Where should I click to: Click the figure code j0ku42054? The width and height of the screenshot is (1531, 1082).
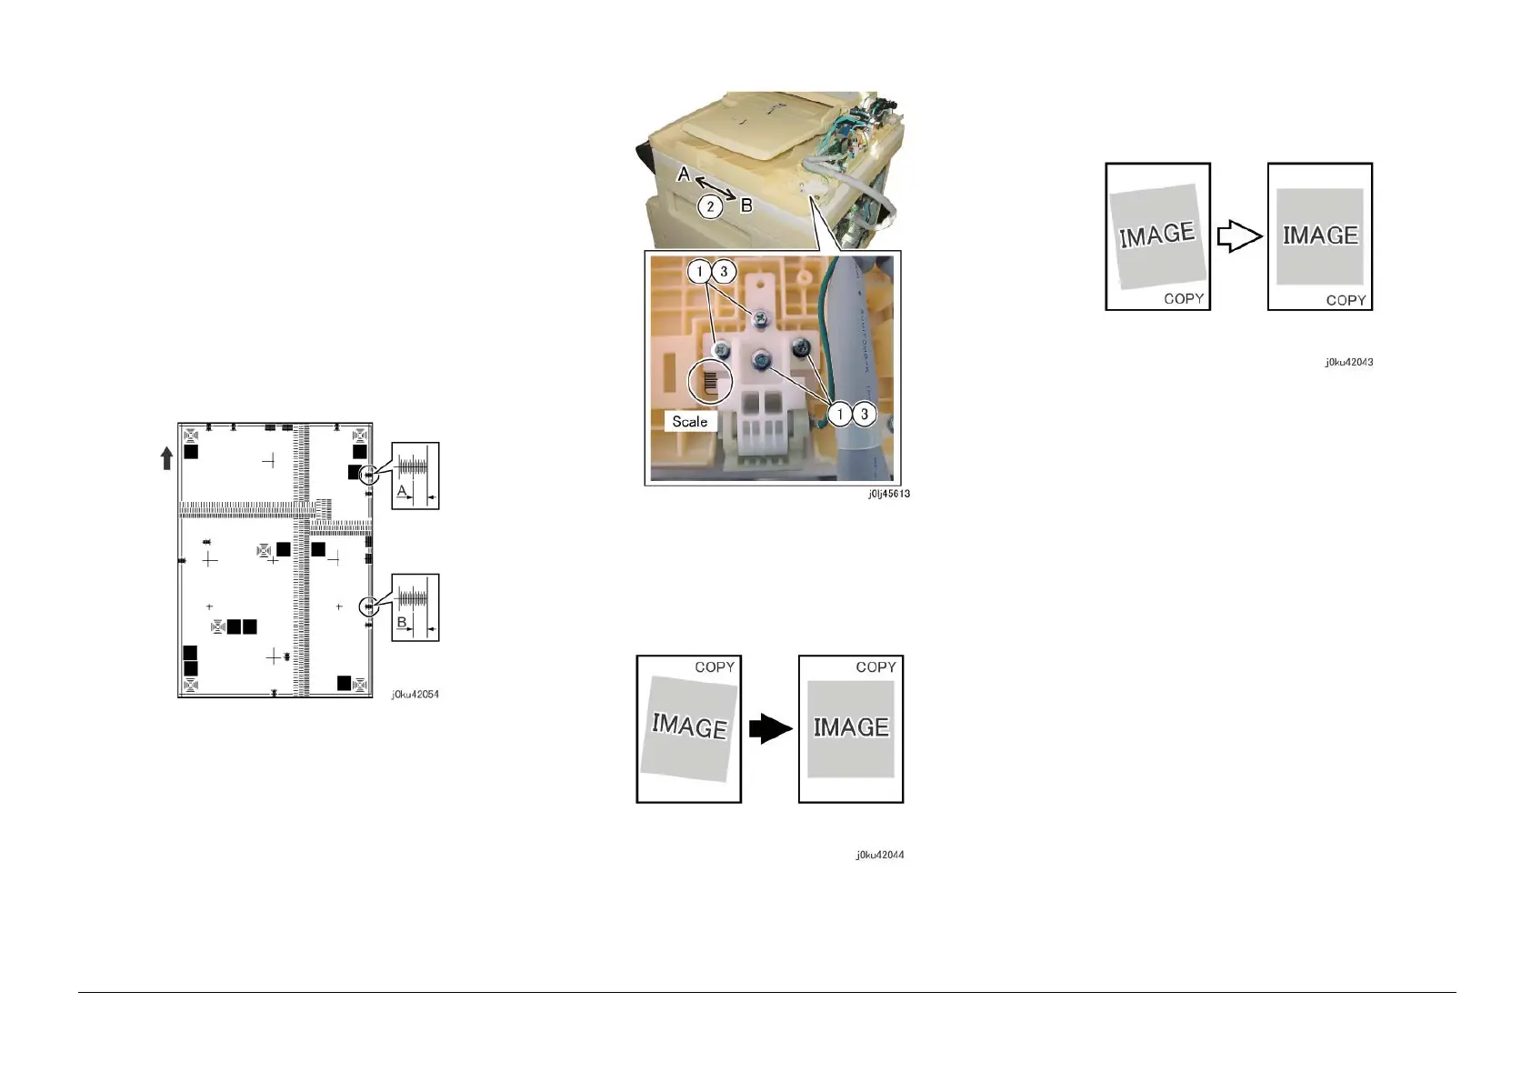[415, 695]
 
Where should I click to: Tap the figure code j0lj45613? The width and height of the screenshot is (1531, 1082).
[887, 494]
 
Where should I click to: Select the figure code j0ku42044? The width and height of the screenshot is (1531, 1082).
[879, 855]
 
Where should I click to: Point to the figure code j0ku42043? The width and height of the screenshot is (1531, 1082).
[1348, 362]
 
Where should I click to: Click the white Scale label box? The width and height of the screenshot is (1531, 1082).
[690, 422]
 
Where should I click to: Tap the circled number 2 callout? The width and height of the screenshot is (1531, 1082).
[710, 206]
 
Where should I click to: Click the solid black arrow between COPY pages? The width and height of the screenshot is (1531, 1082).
[769, 728]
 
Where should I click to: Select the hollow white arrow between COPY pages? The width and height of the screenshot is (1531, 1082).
[1239, 237]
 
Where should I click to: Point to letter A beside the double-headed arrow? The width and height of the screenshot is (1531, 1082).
[684, 174]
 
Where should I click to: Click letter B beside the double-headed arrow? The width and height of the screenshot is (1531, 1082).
[746, 205]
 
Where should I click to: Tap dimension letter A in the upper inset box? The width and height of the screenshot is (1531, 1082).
[401, 490]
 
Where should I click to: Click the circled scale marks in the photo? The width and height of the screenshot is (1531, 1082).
[711, 383]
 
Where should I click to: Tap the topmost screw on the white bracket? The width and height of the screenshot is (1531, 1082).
[761, 316]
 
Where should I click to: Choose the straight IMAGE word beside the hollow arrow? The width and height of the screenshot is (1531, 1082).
[1320, 235]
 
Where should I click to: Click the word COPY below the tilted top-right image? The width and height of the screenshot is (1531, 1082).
[1184, 298]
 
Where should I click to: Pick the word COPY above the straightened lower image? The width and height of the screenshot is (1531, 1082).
[876, 667]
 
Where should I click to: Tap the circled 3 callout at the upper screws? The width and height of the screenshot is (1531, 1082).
[724, 271]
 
